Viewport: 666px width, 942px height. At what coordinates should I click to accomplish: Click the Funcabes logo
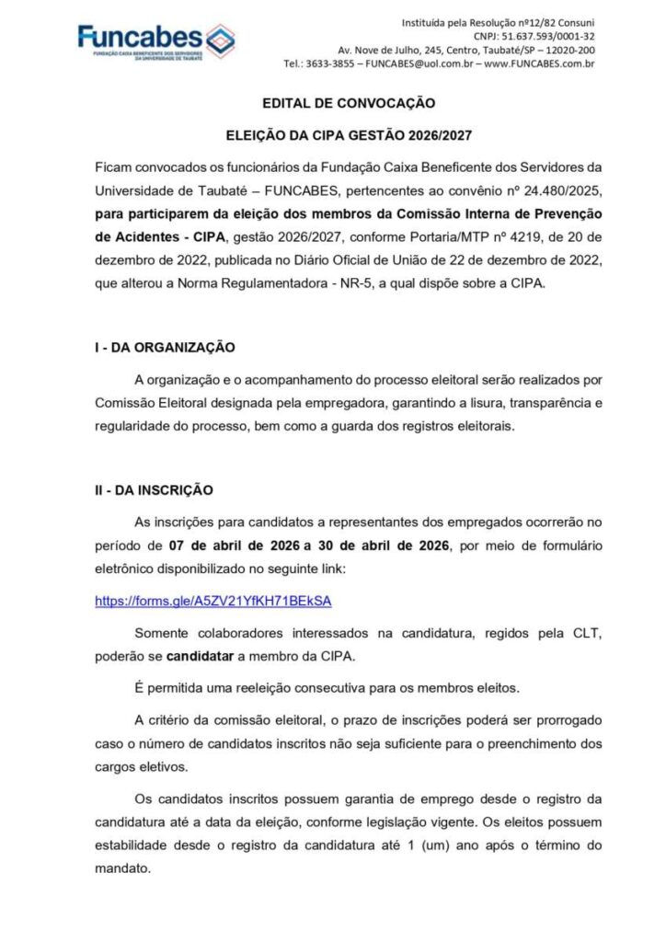pyautogui.click(x=155, y=40)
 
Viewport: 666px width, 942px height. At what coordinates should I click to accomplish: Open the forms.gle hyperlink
pyautogui.click(x=212, y=601)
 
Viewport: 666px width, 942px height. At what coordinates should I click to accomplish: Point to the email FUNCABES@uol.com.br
pyautogui.click(x=419, y=64)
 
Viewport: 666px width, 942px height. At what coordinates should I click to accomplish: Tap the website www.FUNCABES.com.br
pyautogui.click(x=539, y=64)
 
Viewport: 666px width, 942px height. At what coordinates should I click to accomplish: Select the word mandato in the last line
pyautogui.click(x=121, y=867)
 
